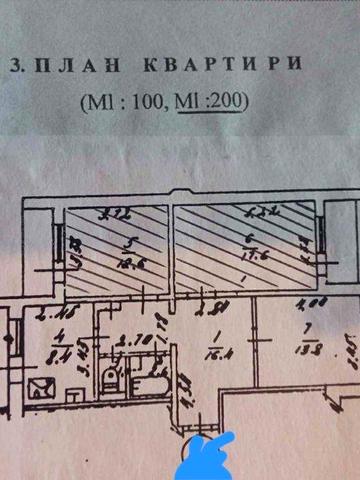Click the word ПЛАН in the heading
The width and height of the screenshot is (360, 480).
(x=71, y=67)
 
